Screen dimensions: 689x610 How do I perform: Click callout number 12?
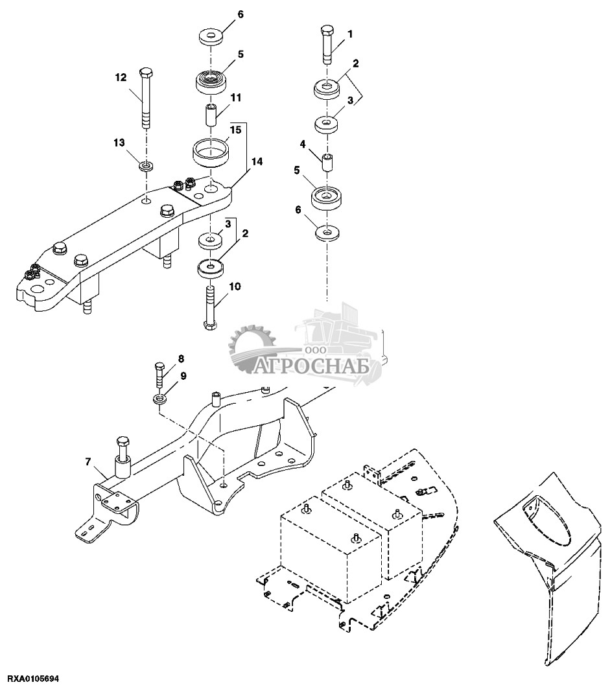[121, 78]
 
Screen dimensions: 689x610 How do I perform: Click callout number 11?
[235, 97]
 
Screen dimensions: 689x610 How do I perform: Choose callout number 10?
[235, 286]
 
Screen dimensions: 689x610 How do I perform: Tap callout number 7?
[88, 461]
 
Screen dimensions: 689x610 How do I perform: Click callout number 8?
[181, 358]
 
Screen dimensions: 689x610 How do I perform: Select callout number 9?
[183, 375]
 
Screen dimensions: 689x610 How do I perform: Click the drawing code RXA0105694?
[29, 679]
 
